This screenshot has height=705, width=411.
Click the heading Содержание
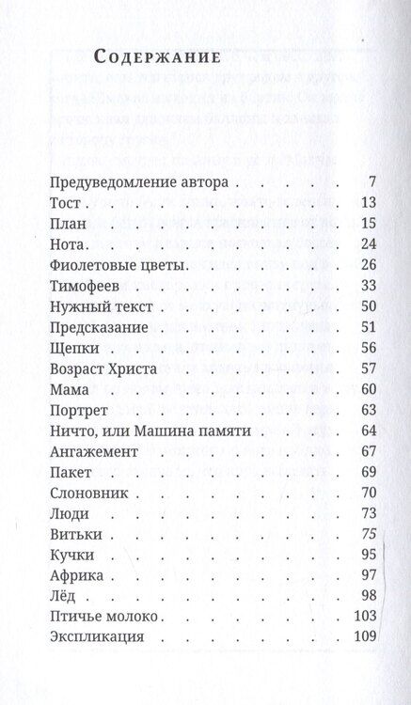point(157,56)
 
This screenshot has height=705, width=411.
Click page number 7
point(373,182)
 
